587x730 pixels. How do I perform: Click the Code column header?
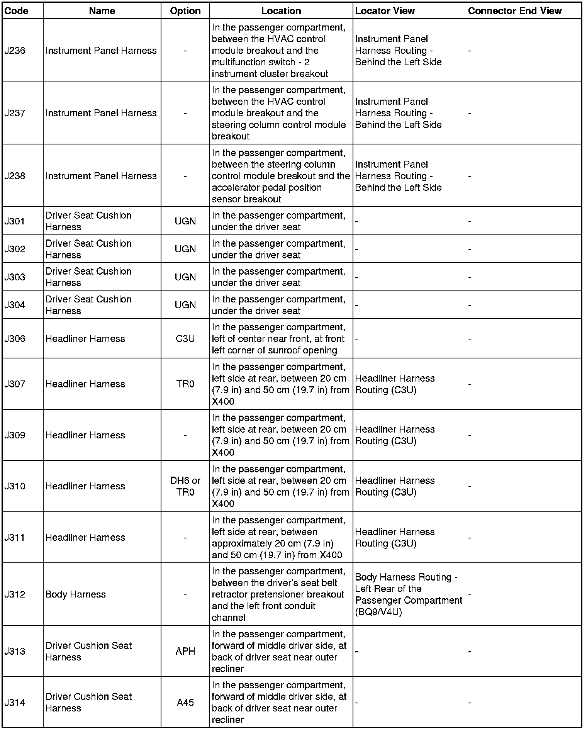[16, 11]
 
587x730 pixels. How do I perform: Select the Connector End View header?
[515, 11]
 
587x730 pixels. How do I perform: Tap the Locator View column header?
[385, 11]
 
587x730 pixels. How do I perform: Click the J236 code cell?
[15, 51]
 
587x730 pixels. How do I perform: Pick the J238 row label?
[15, 176]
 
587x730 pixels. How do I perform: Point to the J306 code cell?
[15, 339]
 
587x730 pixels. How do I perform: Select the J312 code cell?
[15, 594]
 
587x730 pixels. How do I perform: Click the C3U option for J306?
[185, 339]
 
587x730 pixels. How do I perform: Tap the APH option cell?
[185, 652]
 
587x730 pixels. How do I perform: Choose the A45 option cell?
[185, 703]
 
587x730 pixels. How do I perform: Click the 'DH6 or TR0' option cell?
[185, 486]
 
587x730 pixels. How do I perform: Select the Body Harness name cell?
[75, 594]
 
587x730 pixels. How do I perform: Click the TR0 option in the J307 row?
[185, 384]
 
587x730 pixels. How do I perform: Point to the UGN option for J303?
[185, 277]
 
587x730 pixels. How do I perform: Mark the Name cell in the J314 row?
[88, 703]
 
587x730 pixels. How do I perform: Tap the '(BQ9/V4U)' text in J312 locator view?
[378, 612]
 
